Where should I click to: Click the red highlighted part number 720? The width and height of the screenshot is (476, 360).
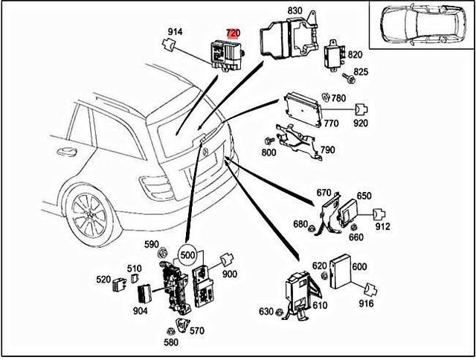(x=233, y=33)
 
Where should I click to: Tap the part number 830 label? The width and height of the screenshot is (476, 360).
(x=296, y=11)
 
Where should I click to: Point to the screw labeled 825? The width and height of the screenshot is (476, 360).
(x=347, y=76)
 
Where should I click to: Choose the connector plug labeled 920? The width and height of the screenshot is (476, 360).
(x=363, y=109)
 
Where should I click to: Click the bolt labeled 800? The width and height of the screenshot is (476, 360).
(x=268, y=141)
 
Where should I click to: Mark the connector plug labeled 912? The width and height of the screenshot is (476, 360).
(x=378, y=213)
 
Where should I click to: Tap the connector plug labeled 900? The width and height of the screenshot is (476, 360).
(x=226, y=261)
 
